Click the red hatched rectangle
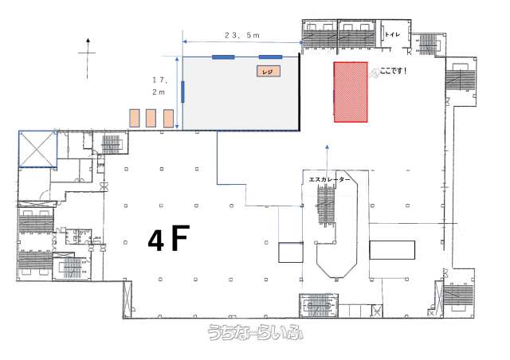pos(351,92)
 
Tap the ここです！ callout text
pos(393,71)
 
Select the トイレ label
pos(392,34)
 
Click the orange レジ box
pos(269,71)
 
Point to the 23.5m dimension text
pos(242,35)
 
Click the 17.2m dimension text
pos(159,85)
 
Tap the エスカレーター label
pos(329,179)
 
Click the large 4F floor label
pos(168,238)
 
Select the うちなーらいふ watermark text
pos(256,332)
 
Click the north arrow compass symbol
pos(87,58)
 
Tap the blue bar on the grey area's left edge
pos(182,92)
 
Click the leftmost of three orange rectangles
pos(135,118)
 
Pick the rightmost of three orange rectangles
pos(168,118)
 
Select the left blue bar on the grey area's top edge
pos(223,57)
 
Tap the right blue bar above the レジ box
pos(270,57)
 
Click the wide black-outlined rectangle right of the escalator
pos(392,250)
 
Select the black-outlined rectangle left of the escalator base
pos(291,252)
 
